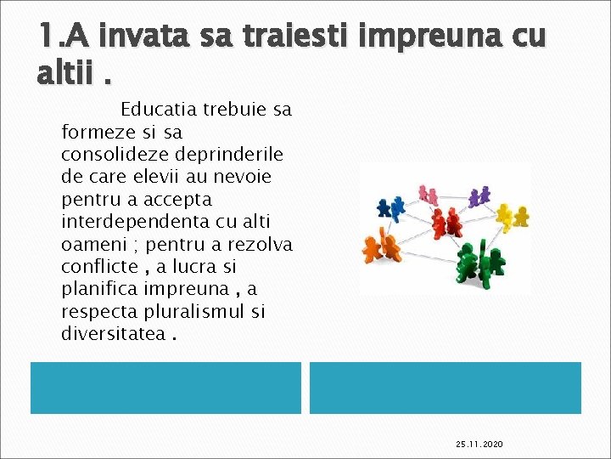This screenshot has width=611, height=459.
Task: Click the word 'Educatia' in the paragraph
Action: coord(159,110)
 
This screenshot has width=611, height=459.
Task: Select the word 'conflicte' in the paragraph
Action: coord(97,266)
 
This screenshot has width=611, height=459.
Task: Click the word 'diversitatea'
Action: coord(113,333)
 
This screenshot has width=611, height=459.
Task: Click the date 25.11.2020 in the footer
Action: coord(479,445)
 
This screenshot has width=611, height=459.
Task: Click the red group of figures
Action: coord(445,222)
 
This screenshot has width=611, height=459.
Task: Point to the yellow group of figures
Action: coord(512,218)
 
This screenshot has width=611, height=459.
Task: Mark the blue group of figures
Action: coord(392,207)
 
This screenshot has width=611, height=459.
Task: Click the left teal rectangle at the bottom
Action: coord(165,388)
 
